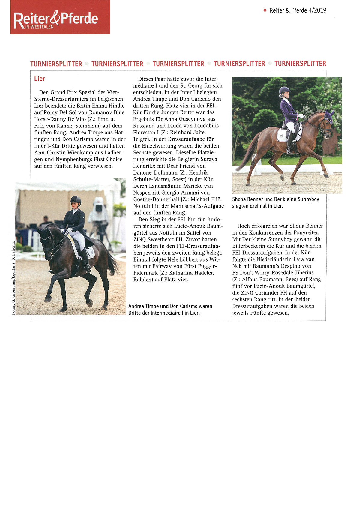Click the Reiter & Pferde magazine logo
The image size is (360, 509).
[x=60, y=17]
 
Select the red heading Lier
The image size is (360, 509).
[x=39, y=79]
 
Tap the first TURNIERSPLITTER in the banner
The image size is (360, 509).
[x=56, y=64]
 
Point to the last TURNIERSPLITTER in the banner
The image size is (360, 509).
[x=300, y=64]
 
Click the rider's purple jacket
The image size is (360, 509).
[x=288, y=111]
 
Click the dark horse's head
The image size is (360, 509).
[x=45, y=240]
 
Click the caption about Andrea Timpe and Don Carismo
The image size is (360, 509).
[x=170, y=310]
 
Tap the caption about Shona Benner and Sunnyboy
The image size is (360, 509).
[x=275, y=202]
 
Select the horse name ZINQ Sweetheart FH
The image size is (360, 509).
[x=159, y=239]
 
